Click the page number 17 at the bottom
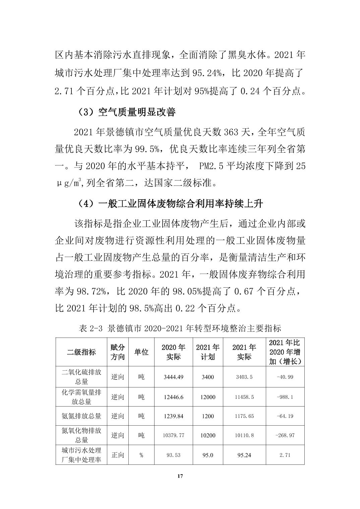180,476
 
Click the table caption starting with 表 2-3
180,328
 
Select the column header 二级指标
81,352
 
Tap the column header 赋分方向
118,352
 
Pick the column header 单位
141,352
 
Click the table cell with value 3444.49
173,377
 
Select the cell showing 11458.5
244,397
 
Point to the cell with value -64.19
285,416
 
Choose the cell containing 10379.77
173,435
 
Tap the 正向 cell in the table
118,455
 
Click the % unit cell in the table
141,455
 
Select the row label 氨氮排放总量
81,416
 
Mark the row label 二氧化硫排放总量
81,377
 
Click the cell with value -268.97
285,435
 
